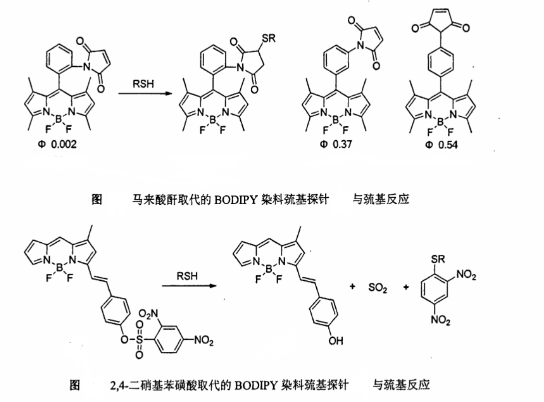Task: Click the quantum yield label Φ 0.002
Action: point(58,145)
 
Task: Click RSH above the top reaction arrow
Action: point(143,85)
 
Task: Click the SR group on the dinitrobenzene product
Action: point(437,260)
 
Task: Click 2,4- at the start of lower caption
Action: point(119,385)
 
